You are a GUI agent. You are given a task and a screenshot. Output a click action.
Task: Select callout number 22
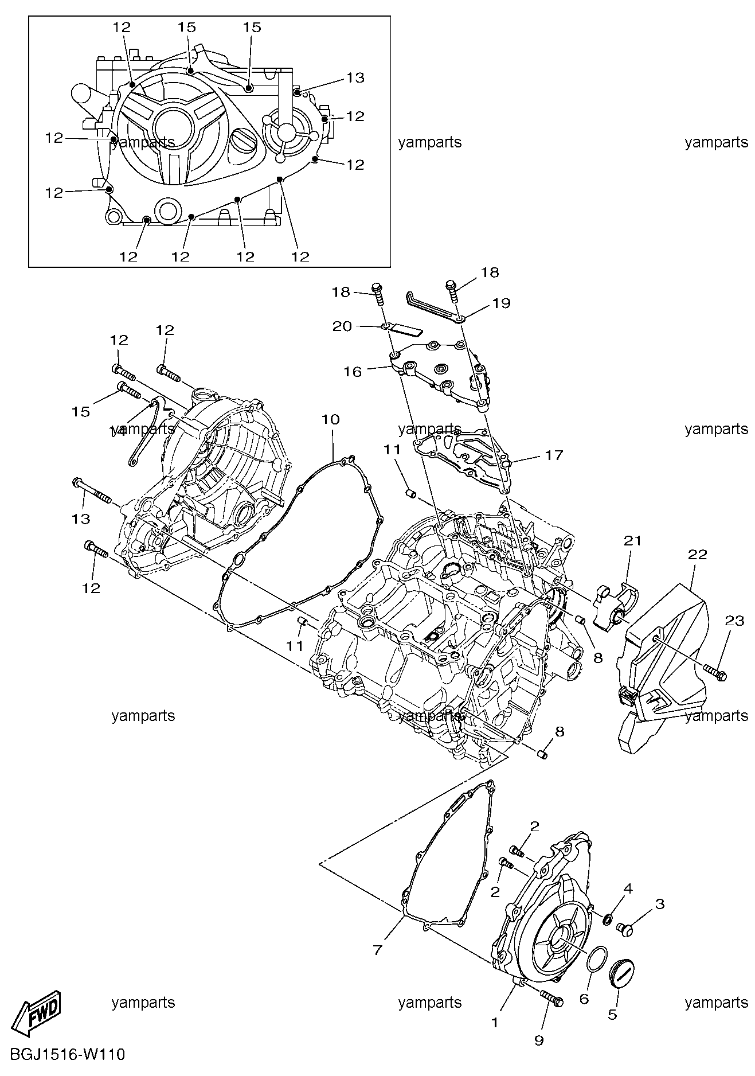[698, 555]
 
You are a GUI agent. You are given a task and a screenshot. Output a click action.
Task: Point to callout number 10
[330, 419]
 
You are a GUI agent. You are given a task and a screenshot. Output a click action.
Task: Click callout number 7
[377, 950]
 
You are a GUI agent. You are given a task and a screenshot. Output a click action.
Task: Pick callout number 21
[633, 541]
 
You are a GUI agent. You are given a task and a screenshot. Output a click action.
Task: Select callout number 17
[554, 455]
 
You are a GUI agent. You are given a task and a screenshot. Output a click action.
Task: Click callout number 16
[353, 372]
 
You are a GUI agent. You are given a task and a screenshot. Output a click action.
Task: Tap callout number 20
[342, 326]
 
